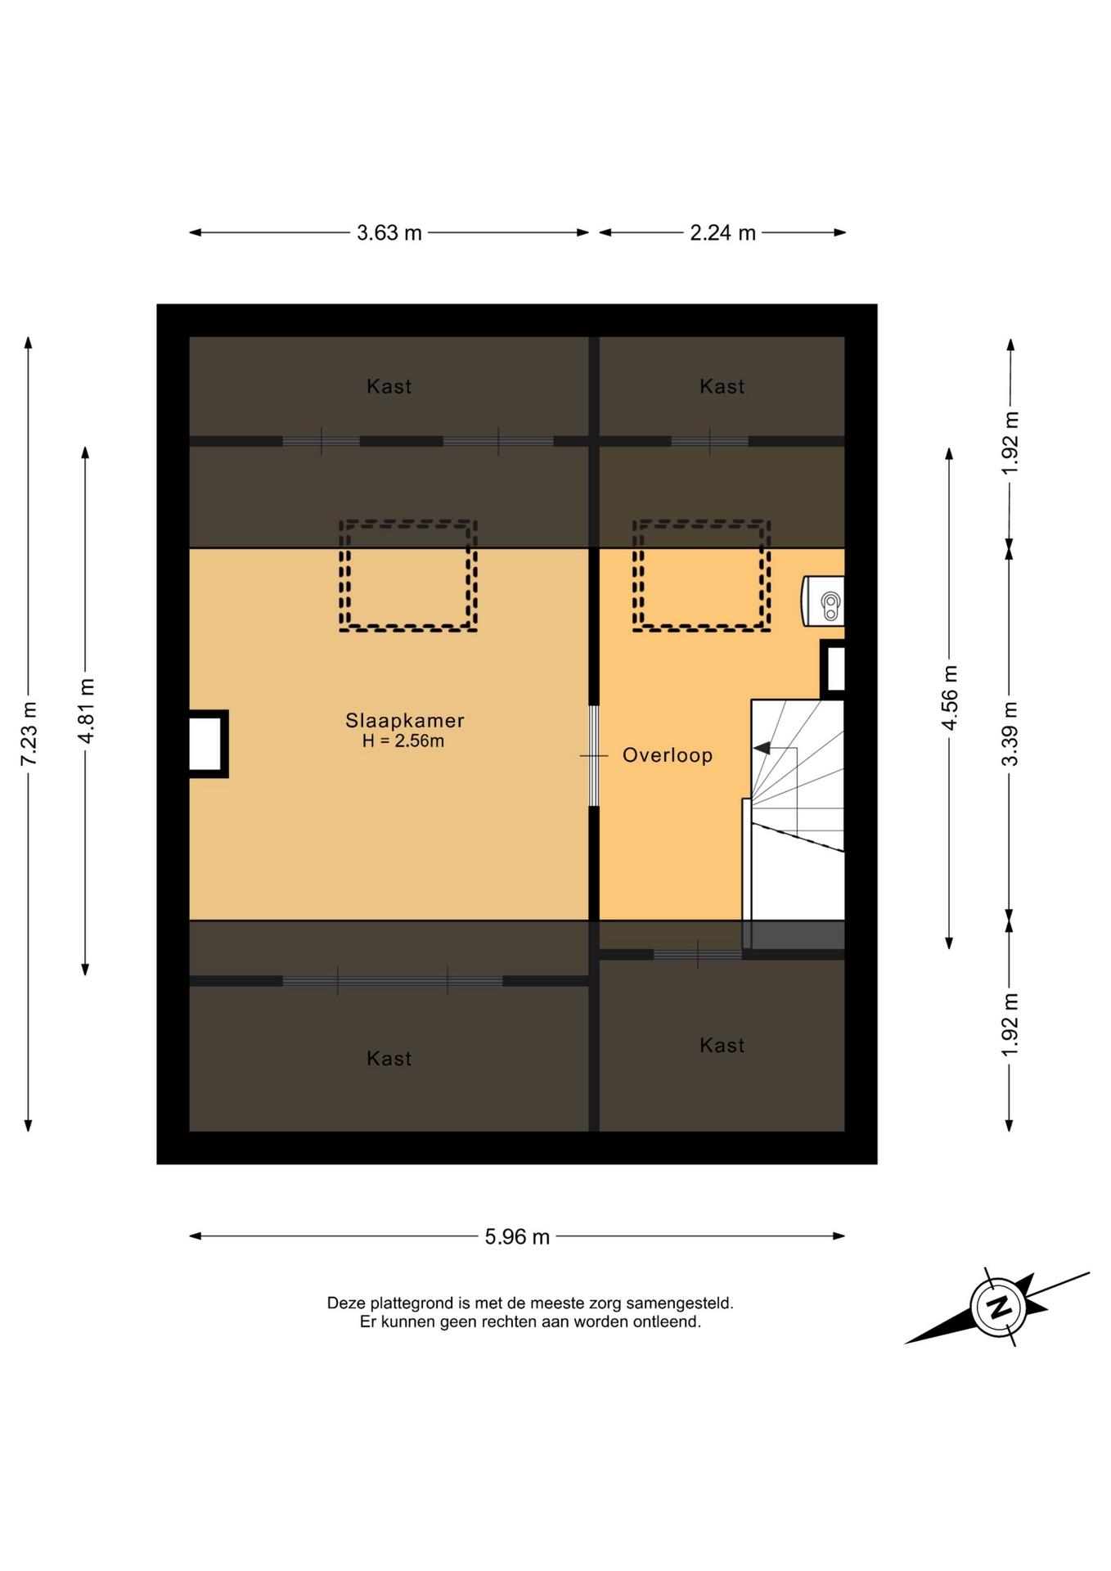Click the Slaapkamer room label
click(404, 721)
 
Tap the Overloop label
click(668, 755)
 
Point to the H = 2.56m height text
click(403, 741)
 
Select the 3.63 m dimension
click(389, 233)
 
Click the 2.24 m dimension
click(722, 233)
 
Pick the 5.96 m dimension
click(517, 1236)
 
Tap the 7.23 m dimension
click(29, 734)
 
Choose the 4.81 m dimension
click(85, 710)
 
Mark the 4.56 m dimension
click(949, 698)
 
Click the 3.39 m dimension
click(1010, 734)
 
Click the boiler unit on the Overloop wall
click(823, 601)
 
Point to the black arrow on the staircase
click(762, 748)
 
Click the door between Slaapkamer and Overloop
click(594, 756)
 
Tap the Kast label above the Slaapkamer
click(389, 386)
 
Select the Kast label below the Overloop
click(722, 1045)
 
